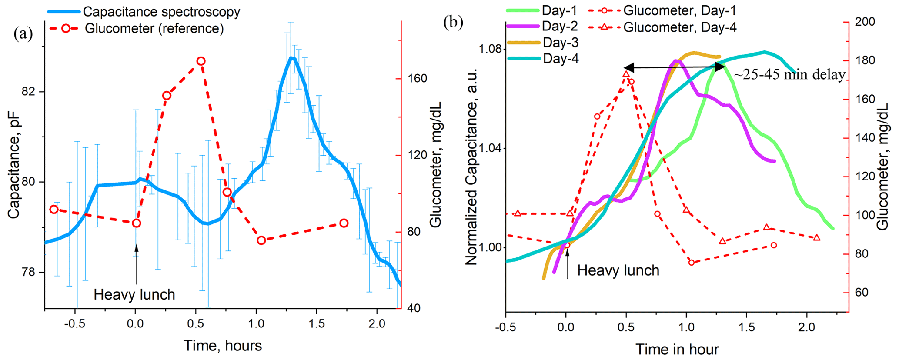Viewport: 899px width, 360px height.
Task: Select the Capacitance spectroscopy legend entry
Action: [161, 12]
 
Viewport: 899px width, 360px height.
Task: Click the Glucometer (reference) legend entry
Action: [154, 29]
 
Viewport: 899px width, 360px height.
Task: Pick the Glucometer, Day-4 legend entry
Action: [680, 27]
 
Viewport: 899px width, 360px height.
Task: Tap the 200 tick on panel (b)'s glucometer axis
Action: [865, 22]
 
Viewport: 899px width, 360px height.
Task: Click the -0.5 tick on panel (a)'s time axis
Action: [75, 324]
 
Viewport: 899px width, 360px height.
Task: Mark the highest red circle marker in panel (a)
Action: [201, 61]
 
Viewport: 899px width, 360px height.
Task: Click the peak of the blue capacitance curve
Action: [291, 58]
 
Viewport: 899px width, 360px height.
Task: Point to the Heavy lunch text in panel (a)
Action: [134, 295]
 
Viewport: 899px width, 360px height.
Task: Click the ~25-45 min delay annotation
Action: [789, 75]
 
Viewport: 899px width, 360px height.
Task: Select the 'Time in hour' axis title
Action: [677, 349]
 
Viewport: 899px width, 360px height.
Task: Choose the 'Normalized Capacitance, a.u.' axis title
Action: [472, 167]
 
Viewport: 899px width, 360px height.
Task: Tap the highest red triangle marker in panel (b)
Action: [626, 74]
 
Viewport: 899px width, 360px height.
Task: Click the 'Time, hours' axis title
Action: [223, 346]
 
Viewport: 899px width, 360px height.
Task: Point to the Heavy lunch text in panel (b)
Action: [618, 270]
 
